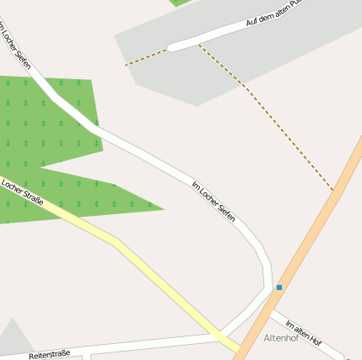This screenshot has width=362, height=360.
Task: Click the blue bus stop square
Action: (279, 287)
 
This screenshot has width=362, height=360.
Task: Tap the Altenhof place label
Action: (281, 338)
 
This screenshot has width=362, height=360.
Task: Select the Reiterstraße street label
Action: (49, 355)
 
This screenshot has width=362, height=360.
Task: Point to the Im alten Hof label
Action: (304, 333)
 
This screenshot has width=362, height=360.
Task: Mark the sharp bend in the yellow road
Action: (115, 243)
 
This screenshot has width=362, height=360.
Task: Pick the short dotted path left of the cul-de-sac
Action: (146, 56)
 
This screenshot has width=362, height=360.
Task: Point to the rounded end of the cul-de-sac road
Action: (172, 46)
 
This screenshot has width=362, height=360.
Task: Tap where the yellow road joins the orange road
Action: (240, 349)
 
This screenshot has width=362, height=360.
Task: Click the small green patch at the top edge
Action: (183, 3)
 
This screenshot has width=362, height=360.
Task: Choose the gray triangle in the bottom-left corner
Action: (12, 339)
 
